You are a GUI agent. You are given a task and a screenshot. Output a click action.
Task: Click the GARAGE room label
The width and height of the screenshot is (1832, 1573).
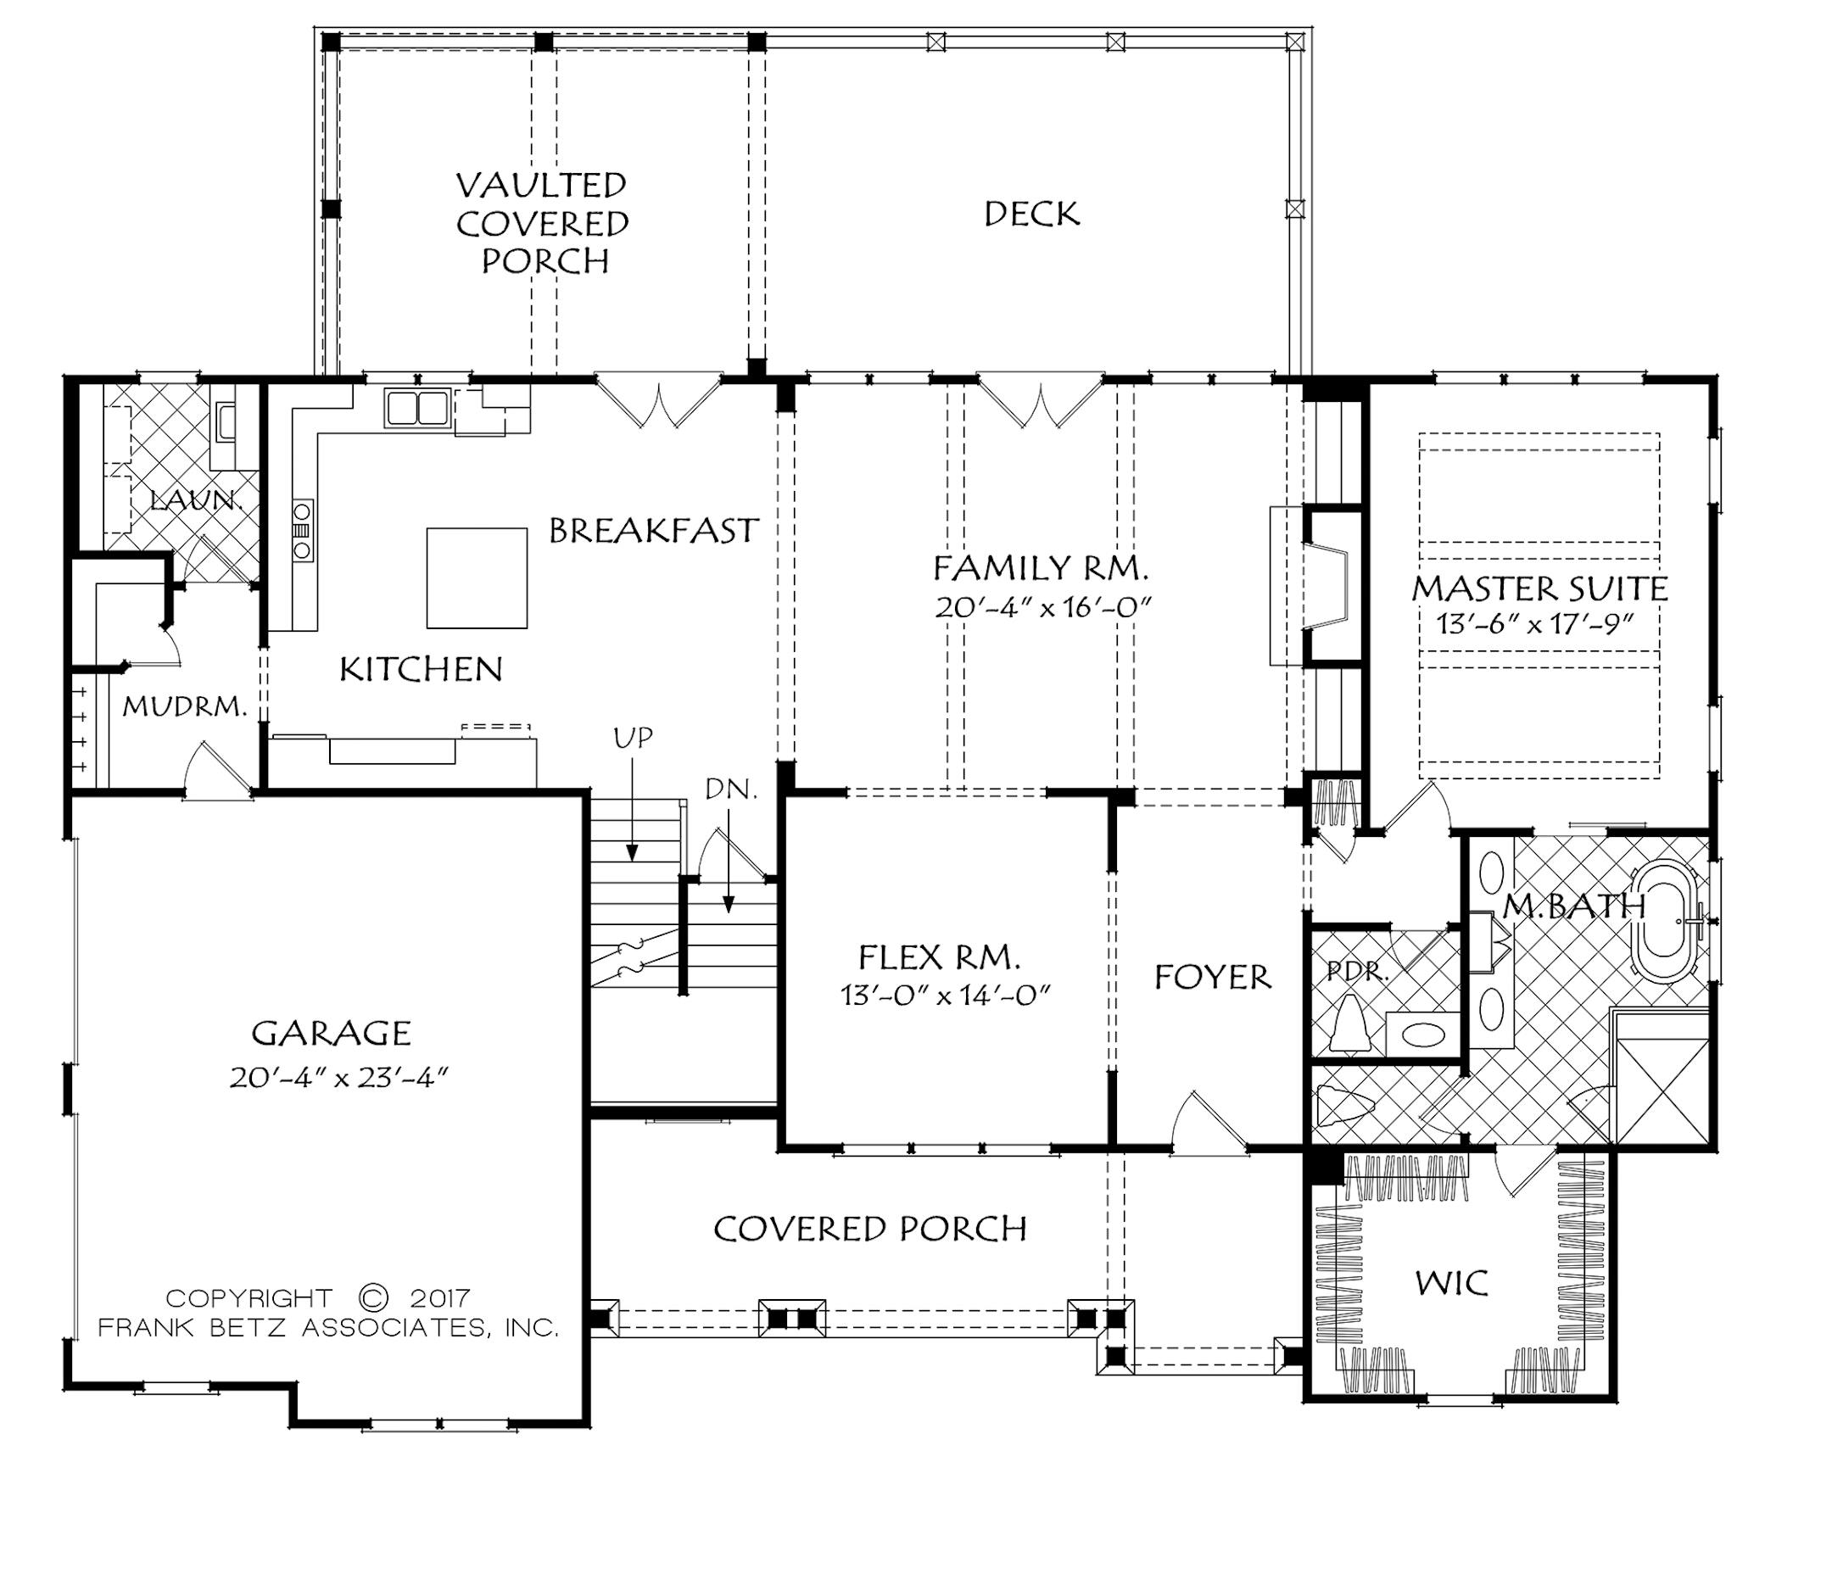point(332,1033)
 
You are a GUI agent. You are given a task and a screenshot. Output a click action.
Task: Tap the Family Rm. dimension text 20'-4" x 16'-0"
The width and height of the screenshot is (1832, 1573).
point(1042,608)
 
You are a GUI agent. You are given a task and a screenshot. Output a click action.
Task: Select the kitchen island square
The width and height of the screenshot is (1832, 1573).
point(477,578)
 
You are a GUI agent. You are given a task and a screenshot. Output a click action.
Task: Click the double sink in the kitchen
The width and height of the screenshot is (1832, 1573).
point(417,409)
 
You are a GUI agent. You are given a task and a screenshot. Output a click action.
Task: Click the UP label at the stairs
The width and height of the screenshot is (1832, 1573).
point(633,738)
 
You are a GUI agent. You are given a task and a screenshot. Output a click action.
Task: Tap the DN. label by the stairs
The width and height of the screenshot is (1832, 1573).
point(731,789)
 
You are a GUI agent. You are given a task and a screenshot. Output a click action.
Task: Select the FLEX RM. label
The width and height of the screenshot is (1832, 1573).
point(939,957)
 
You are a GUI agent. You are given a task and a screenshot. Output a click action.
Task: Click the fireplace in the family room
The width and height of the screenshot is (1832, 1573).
point(1327,585)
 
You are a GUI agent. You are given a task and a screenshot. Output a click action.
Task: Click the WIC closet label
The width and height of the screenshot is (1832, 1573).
point(1452,1283)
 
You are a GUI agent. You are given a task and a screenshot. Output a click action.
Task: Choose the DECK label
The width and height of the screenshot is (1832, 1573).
point(1032,214)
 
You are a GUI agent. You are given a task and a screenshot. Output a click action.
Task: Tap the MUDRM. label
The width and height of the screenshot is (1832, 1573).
point(184,706)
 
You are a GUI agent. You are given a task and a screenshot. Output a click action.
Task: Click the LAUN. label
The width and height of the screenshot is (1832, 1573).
point(196,500)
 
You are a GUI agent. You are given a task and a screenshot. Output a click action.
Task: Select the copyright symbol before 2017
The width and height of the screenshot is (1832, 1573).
point(374,1298)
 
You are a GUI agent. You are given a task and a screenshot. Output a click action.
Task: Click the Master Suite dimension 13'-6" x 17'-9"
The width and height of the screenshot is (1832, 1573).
point(1534,624)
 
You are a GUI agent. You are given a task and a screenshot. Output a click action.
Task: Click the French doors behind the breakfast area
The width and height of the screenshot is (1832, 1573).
point(659,403)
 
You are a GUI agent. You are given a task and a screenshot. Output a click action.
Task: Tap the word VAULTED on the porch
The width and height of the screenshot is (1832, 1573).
point(541,186)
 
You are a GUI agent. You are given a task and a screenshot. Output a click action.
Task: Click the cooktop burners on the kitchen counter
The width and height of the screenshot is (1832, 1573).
point(303,530)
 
